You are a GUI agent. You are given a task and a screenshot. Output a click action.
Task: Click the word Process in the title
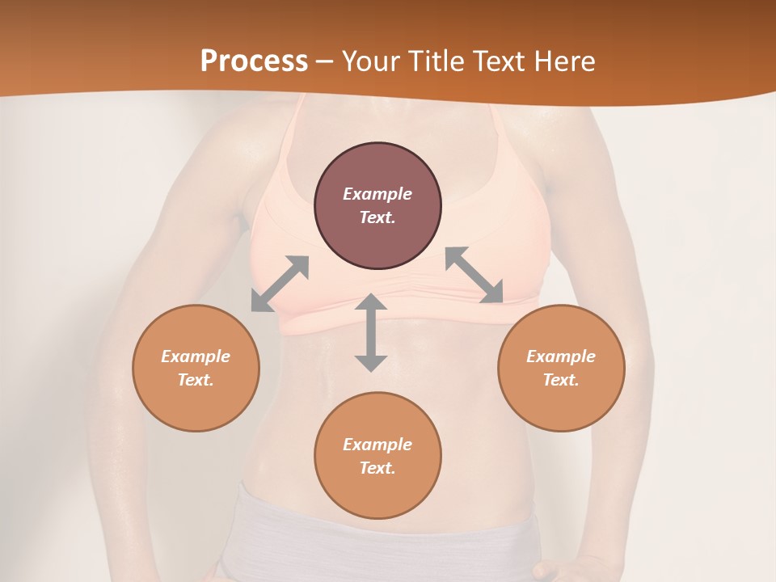(x=254, y=61)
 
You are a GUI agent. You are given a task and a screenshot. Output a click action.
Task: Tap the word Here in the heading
(x=564, y=61)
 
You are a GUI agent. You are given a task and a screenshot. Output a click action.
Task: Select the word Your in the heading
(x=371, y=61)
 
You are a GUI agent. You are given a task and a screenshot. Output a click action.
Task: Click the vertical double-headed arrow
(x=371, y=333)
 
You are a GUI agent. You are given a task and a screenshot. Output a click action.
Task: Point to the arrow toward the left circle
(x=280, y=284)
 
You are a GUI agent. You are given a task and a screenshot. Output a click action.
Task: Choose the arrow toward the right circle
(x=474, y=276)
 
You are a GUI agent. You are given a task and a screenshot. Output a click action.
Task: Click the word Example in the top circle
(x=377, y=194)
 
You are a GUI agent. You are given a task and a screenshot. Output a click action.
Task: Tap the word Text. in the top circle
(x=377, y=217)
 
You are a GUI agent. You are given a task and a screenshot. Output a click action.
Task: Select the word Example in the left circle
(x=196, y=356)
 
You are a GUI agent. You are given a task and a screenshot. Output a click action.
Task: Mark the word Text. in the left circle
(x=196, y=380)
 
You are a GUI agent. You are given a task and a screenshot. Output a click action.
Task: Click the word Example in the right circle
(x=561, y=356)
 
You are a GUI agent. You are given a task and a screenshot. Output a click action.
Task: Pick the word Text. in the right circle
(x=561, y=380)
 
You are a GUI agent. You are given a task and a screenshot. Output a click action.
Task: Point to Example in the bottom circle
(x=377, y=445)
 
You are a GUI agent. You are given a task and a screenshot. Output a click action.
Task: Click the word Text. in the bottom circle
(x=377, y=468)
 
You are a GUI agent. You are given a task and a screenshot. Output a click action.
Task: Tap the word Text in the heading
(x=500, y=61)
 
